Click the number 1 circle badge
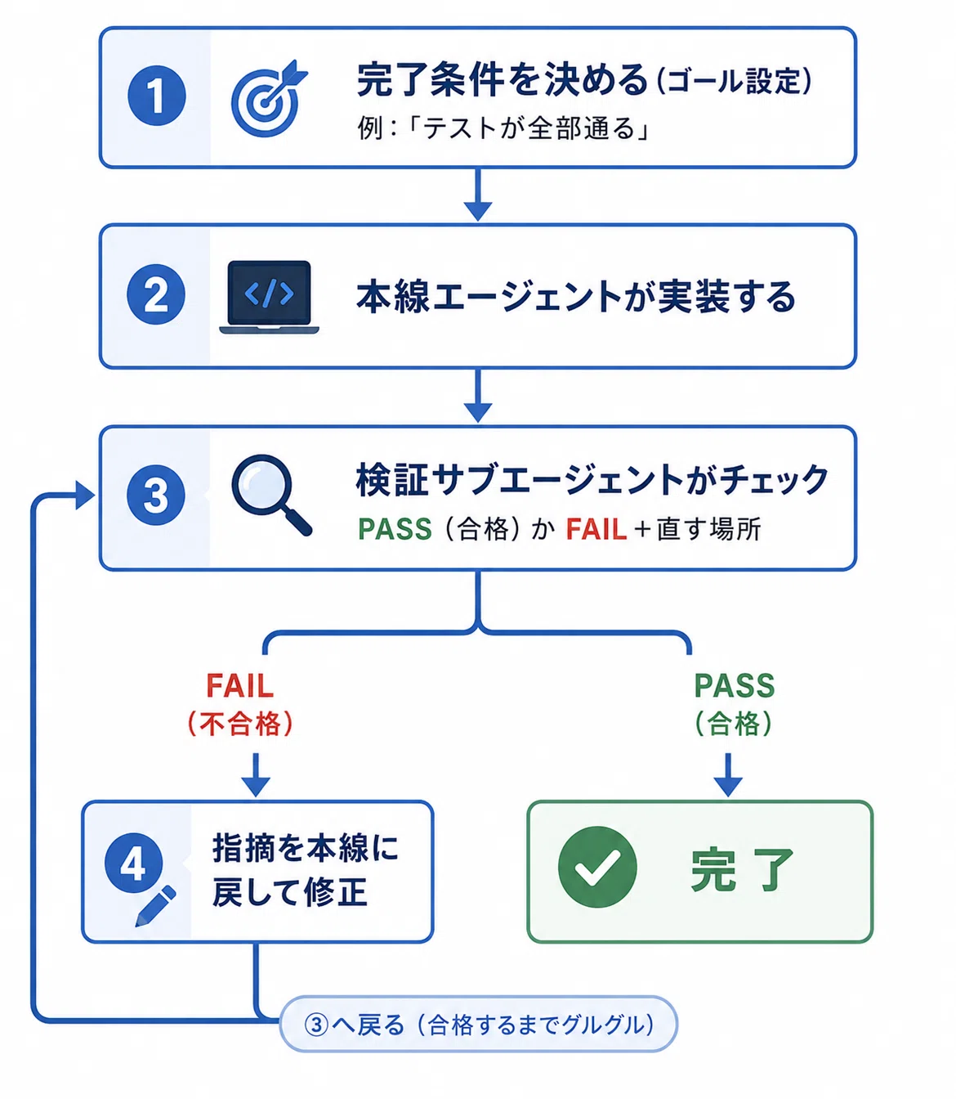(157, 96)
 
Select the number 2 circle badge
(156, 294)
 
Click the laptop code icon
(269, 297)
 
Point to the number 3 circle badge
(156, 495)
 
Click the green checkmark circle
(597, 867)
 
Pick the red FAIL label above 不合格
(240, 686)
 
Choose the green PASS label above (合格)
(735, 686)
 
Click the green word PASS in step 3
(395, 529)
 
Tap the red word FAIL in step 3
(596, 529)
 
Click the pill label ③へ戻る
(478, 1025)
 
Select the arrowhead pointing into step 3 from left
(85, 495)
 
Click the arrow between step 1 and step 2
(478, 195)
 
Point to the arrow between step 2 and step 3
(478, 396)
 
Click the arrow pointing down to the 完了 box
(728, 775)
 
